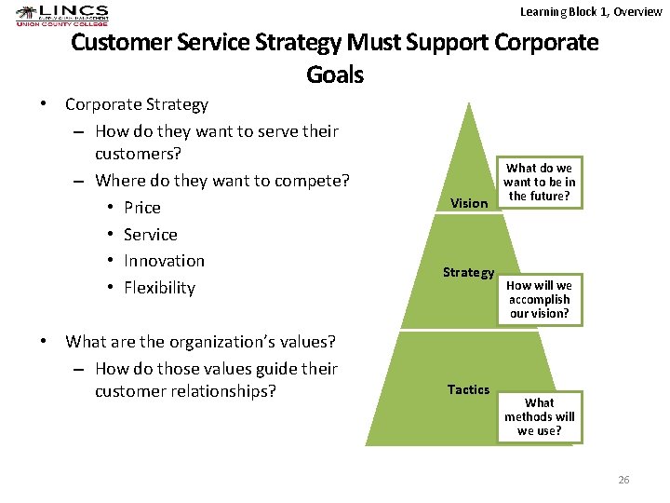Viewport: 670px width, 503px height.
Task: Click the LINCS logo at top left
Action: point(62,16)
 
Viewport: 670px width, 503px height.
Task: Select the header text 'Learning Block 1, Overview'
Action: point(591,11)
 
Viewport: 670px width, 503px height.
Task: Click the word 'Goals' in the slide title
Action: point(334,75)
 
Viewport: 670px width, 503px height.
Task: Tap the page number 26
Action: point(623,480)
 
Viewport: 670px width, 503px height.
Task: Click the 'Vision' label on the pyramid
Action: point(469,203)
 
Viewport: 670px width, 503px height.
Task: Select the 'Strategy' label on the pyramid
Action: point(468,272)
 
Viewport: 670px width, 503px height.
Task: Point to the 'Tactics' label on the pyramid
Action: point(468,389)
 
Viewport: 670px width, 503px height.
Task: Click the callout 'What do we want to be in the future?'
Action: point(540,182)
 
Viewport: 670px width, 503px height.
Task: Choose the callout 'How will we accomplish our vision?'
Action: point(540,299)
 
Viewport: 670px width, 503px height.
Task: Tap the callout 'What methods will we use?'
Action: point(540,416)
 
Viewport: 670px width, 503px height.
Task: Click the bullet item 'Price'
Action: point(142,208)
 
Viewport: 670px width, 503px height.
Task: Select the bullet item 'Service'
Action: point(151,235)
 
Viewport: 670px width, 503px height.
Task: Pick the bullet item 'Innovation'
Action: point(164,261)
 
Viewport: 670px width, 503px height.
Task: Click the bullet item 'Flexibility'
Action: point(159,288)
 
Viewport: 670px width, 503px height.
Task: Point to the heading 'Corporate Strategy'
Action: point(137,104)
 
